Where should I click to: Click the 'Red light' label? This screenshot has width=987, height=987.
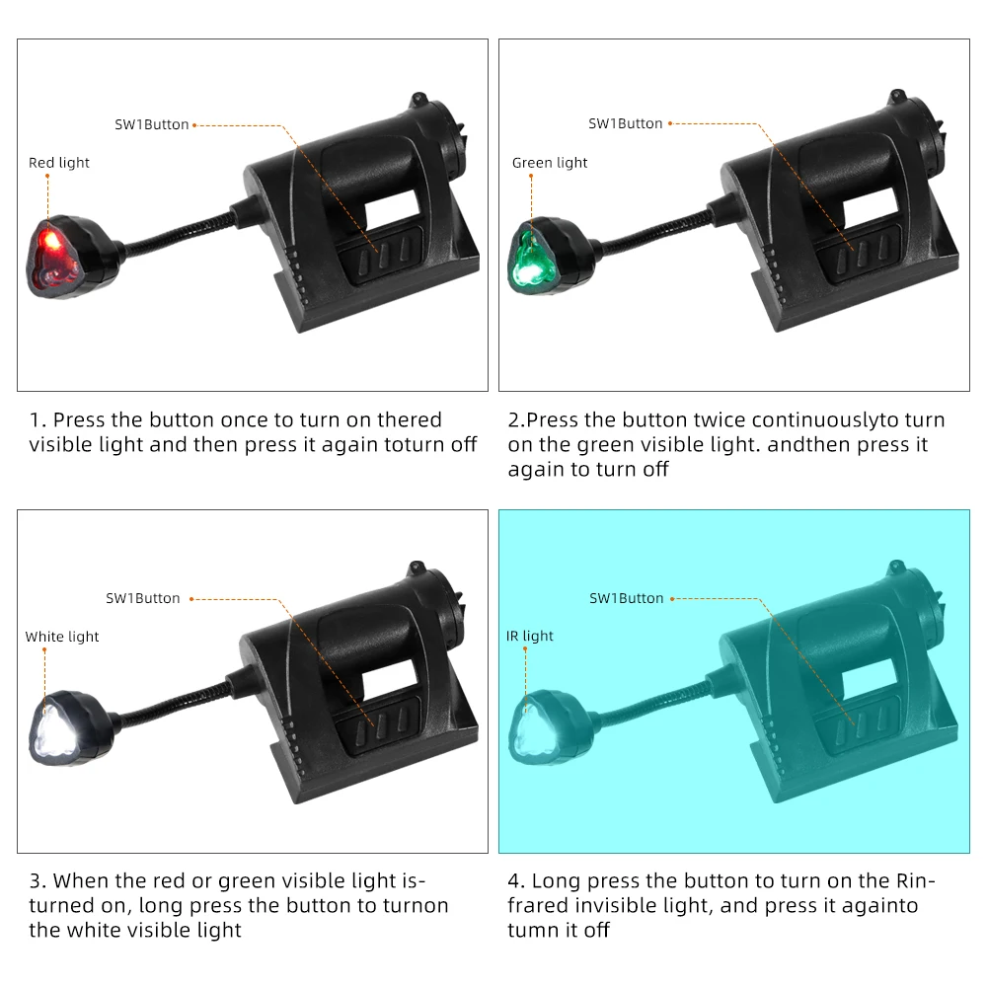tap(59, 163)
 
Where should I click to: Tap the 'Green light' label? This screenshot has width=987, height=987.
tap(550, 163)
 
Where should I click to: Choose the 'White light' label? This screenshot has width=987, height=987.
tap(62, 637)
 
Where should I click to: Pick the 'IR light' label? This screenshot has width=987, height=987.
tap(530, 637)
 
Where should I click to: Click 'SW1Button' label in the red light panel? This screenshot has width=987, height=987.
tap(151, 124)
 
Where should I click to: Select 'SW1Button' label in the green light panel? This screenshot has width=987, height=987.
tap(626, 123)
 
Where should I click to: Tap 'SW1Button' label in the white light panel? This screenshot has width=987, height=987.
tap(143, 598)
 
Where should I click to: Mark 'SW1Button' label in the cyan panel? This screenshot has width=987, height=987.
tap(627, 598)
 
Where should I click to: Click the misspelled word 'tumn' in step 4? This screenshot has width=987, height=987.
tap(532, 930)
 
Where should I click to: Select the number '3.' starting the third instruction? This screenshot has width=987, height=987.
tap(38, 879)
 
